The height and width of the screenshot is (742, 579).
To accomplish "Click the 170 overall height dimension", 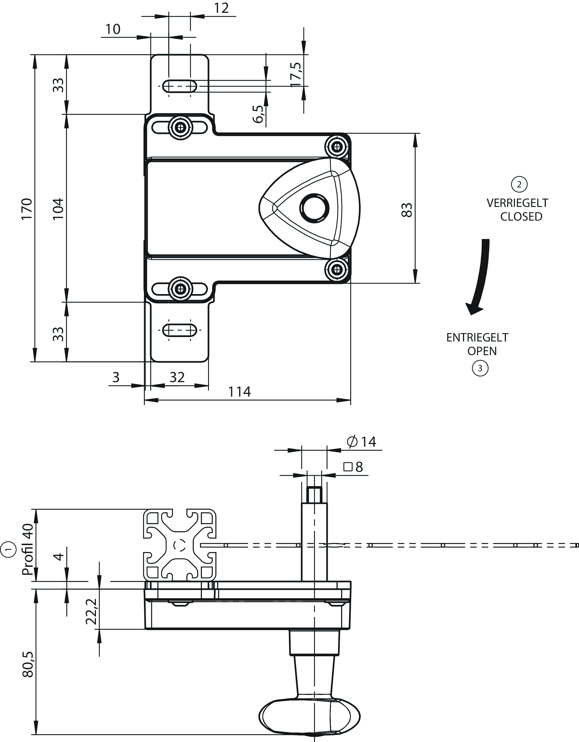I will [x=26, y=209].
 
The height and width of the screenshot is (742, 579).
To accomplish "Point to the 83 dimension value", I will [x=407, y=210].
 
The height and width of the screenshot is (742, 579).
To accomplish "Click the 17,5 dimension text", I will [x=296, y=75].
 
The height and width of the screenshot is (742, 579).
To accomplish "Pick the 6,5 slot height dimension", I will [x=258, y=114].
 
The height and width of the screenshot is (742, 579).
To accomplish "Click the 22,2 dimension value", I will [x=91, y=612].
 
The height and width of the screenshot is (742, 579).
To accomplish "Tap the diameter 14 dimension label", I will [x=362, y=442].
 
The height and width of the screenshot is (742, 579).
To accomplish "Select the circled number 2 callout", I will [x=519, y=184].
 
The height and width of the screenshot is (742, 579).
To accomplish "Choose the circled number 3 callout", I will [x=480, y=368].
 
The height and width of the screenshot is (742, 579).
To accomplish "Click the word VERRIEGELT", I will [x=517, y=203].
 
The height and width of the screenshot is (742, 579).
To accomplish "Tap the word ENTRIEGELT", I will [x=477, y=337].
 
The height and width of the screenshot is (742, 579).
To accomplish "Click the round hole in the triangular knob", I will [x=314, y=208].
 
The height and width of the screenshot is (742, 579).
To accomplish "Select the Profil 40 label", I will [x=28, y=549].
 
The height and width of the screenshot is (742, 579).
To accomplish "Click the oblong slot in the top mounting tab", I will [x=180, y=86].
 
